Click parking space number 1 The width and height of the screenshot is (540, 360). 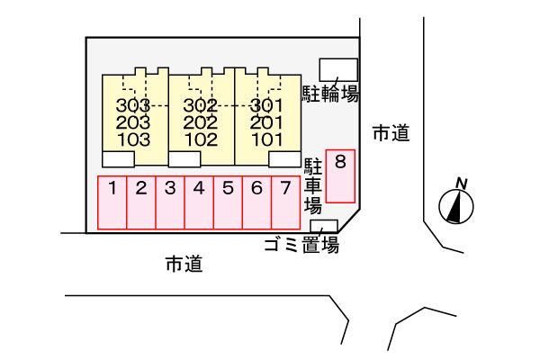112,202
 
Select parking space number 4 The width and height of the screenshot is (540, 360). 199,202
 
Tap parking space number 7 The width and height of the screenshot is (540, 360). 285,202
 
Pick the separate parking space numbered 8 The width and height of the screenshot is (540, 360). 340,176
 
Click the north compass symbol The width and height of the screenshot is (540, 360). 456,202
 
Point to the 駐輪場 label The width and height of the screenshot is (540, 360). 330,94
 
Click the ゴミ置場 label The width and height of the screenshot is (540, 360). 301,246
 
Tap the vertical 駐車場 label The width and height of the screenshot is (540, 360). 312,186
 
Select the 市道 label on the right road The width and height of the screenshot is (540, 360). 391,133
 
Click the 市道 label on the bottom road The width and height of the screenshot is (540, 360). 184,264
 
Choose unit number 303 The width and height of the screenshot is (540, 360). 133,105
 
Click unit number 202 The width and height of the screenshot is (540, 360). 201,122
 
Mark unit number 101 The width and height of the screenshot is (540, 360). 267,139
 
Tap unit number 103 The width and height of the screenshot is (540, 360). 134,139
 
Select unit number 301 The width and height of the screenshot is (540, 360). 267,105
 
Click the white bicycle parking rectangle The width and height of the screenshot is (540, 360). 338,70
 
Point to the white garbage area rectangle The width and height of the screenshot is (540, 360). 324,226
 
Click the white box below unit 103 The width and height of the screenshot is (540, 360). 118,159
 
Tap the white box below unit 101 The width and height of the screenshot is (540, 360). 284,159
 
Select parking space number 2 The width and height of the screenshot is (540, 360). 141,202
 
